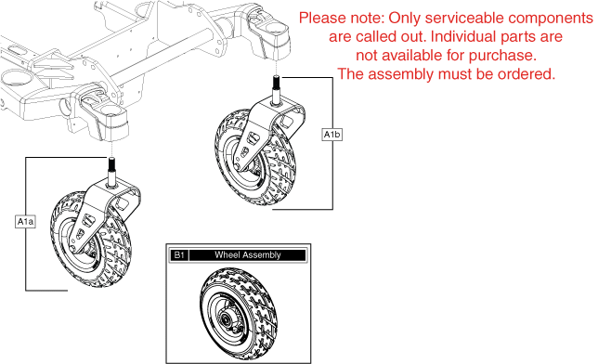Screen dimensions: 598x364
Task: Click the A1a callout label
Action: pyautogui.click(x=26, y=222)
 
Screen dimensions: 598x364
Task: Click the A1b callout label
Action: pyautogui.click(x=331, y=135)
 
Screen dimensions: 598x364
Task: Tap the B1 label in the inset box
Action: pyautogui.click(x=179, y=254)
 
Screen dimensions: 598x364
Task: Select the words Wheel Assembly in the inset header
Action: pyautogui.click(x=248, y=254)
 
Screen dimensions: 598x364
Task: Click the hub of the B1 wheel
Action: pyautogui.click(x=226, y=317)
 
